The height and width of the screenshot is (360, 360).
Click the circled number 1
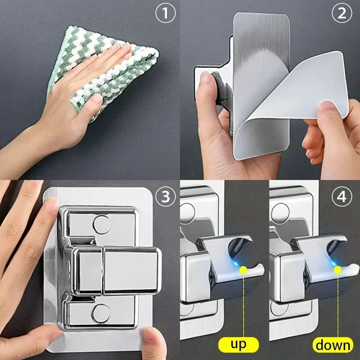(x=165, y=13)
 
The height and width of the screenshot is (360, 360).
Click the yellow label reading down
(x=333, y=345)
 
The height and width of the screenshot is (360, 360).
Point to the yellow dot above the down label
(x=337, y=270)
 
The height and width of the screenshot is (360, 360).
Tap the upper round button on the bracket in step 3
(x=101, y=224)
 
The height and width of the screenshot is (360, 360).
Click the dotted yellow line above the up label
(x=244, y=306)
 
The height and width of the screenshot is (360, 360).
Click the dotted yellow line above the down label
(x=337, y=306)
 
